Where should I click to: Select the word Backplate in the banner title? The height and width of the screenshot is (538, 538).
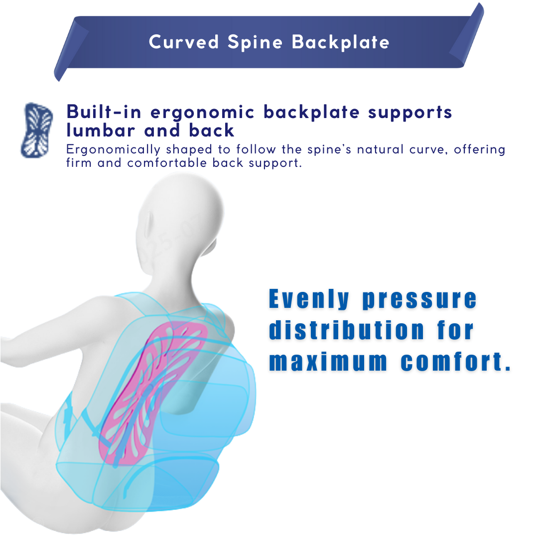pyautogui.click(x=341, y=42)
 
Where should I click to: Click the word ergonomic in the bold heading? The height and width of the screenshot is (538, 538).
pyautogui.click(x=203, y=113)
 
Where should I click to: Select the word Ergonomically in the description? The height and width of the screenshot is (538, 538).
pyautogui.click(x=113, y=149)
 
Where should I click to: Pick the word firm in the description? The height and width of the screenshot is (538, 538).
pyautogui.click(x=79, y=162)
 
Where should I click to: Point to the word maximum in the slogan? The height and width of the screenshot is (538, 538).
pyautogui.click(x=327, y=362)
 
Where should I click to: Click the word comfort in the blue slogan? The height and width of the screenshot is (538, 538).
pyautogui.click(x=450, y=362)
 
